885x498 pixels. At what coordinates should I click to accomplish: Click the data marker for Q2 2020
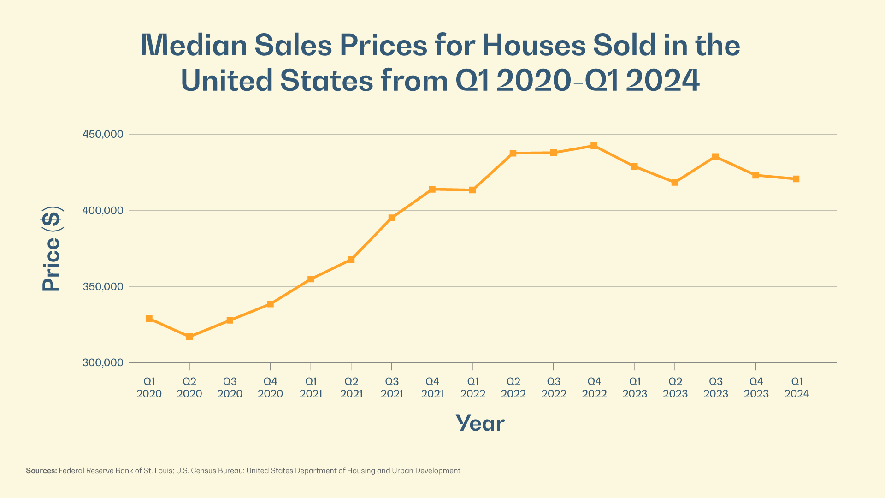tap(189, 337)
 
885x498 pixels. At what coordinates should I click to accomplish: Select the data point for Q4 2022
tap(594, 146)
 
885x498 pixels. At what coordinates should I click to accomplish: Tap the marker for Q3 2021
tap(392, 218)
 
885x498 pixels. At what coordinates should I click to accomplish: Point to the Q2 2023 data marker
tap(675, 182)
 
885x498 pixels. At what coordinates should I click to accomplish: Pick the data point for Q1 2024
tap(796, 179)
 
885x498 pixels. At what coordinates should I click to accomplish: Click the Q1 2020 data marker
tap(149, 319)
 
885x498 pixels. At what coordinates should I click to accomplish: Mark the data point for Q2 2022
tap(513, 153)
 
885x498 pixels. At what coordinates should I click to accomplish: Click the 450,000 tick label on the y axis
tap(103, 134)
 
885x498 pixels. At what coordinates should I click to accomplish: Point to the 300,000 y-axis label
tap(103, 362)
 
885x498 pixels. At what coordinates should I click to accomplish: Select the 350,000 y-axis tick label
tap(103, 286)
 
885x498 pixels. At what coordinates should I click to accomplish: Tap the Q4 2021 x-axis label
tap(432, 387)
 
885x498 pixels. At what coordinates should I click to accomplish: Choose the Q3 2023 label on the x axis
tap(715, 387)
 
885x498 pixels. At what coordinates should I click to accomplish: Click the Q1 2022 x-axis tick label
tap(473, 387)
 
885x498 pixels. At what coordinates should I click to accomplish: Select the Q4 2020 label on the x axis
tap(271, 387)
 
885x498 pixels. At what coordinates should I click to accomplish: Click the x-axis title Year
tap(480, 423)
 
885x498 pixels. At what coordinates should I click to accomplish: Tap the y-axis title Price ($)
tap(52, 249)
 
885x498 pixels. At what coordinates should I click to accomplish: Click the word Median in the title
tap(194, 45)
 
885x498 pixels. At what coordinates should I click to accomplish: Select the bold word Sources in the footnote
tap(41, 471)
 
